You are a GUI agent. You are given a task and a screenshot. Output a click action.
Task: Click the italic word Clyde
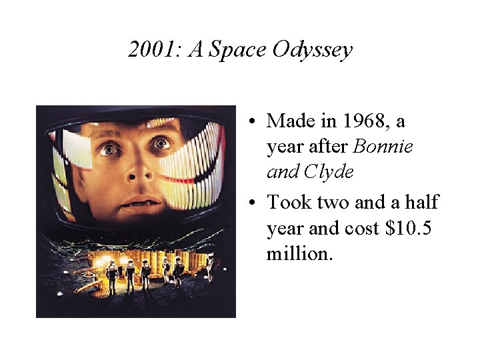329,172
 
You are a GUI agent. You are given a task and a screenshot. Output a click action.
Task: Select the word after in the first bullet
327,147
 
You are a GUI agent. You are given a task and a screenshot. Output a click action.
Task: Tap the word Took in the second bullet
288,203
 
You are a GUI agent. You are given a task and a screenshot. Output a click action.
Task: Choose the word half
420,203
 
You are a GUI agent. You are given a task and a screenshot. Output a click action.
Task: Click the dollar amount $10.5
409,229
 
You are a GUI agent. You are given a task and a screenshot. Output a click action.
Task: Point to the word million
298,254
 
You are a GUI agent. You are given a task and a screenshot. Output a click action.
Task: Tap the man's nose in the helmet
137,173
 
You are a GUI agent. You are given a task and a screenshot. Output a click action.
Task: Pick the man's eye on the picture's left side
111,149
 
